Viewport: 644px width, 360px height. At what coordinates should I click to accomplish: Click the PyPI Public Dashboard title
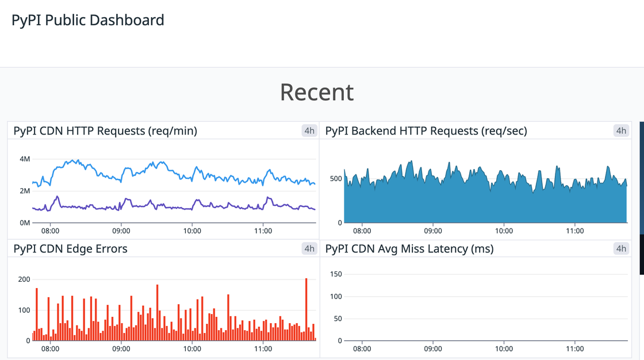click(x=88, y=20)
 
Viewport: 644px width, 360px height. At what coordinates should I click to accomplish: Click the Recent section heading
click(x=317, y=92)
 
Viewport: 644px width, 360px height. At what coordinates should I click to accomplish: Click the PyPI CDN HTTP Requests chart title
click(x=105, y=131)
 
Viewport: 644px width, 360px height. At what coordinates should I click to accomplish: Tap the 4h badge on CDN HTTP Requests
click(x=309, y=131)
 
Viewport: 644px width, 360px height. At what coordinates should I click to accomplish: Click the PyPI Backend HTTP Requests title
click(x=426, y=131)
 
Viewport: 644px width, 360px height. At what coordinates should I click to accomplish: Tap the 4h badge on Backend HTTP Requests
click(x=621, y=131)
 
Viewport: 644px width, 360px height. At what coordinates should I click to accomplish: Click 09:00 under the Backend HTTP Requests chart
click(x=432, y=231)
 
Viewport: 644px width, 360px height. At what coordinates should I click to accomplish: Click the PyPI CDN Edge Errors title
click(x=71, y=249)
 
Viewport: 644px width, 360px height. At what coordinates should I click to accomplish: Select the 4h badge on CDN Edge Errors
click(x=309, y=249)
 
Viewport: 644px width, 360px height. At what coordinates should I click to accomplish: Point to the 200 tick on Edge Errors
click(x=24, y=279)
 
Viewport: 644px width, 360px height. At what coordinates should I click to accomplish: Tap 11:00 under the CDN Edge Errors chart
click(x=263, y=349)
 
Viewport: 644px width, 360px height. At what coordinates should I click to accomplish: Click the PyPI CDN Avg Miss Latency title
click(x=409, y=249)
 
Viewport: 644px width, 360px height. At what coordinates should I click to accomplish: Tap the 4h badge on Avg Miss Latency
click(x=621, y=249)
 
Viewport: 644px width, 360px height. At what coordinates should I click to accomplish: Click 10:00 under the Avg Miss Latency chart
click(x=504, y=349)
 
